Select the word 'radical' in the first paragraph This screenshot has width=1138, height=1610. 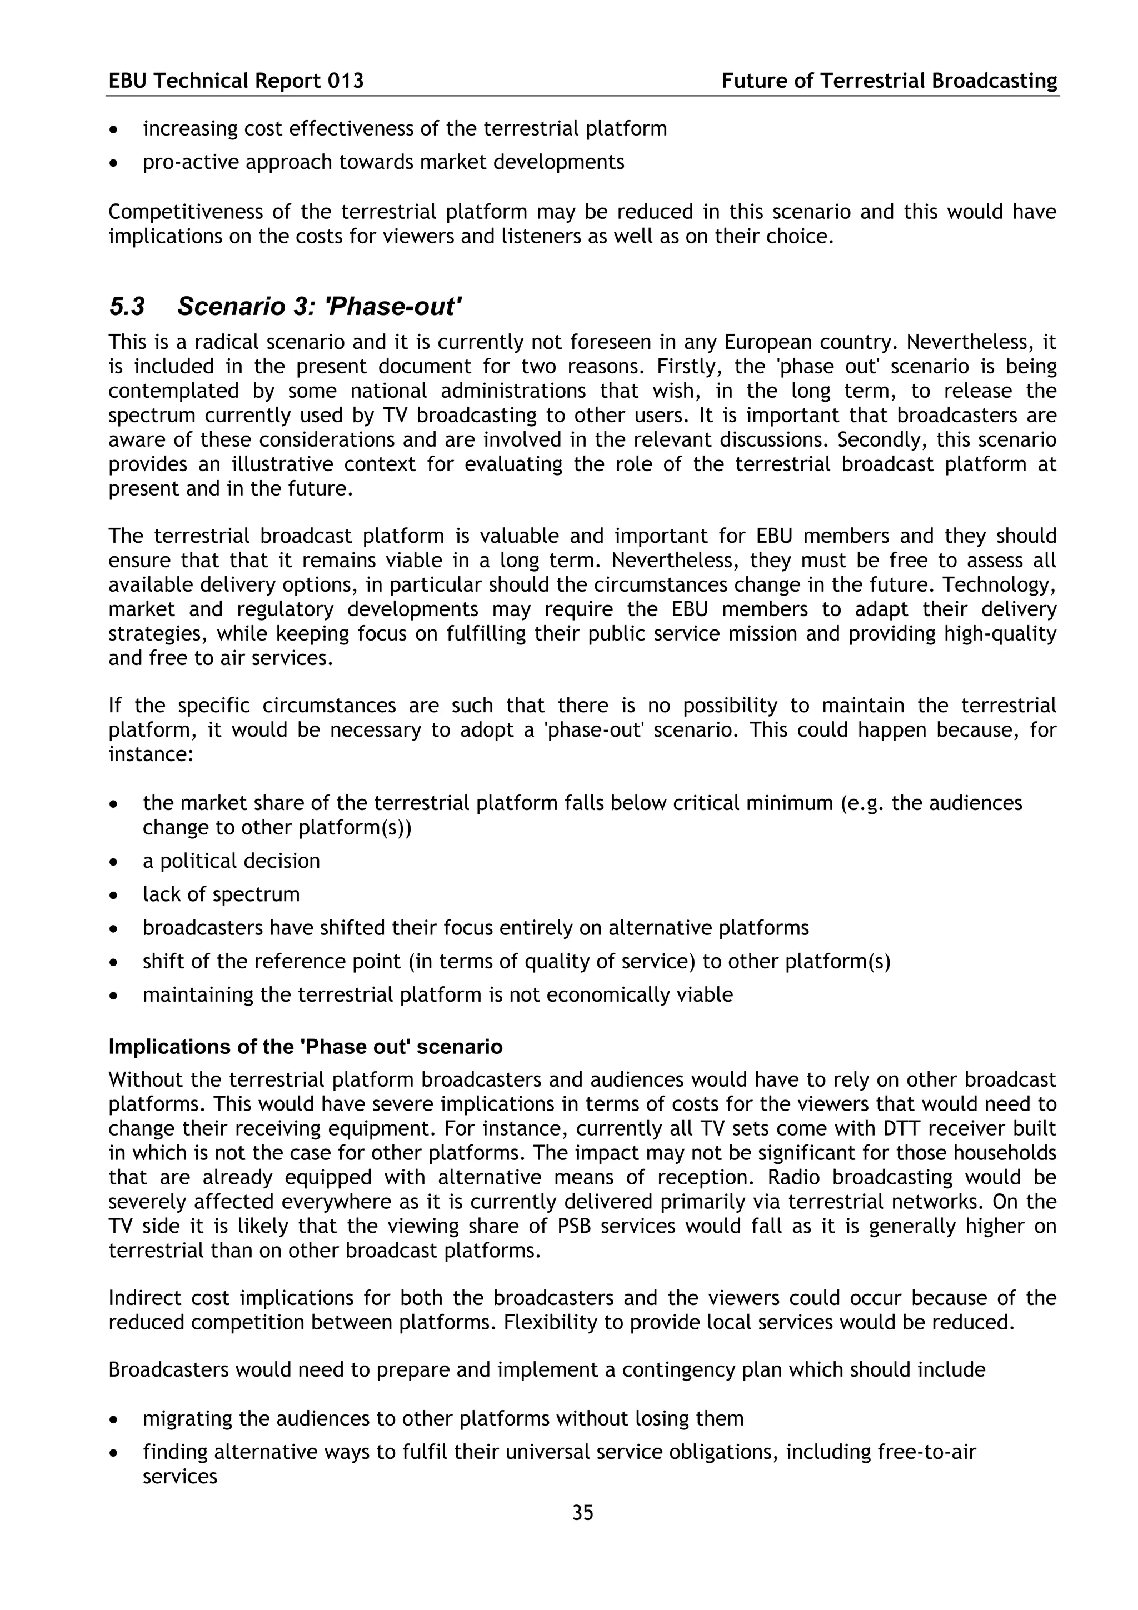(x=224, y=342)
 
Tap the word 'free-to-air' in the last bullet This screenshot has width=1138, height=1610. (x=926, y=1452)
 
